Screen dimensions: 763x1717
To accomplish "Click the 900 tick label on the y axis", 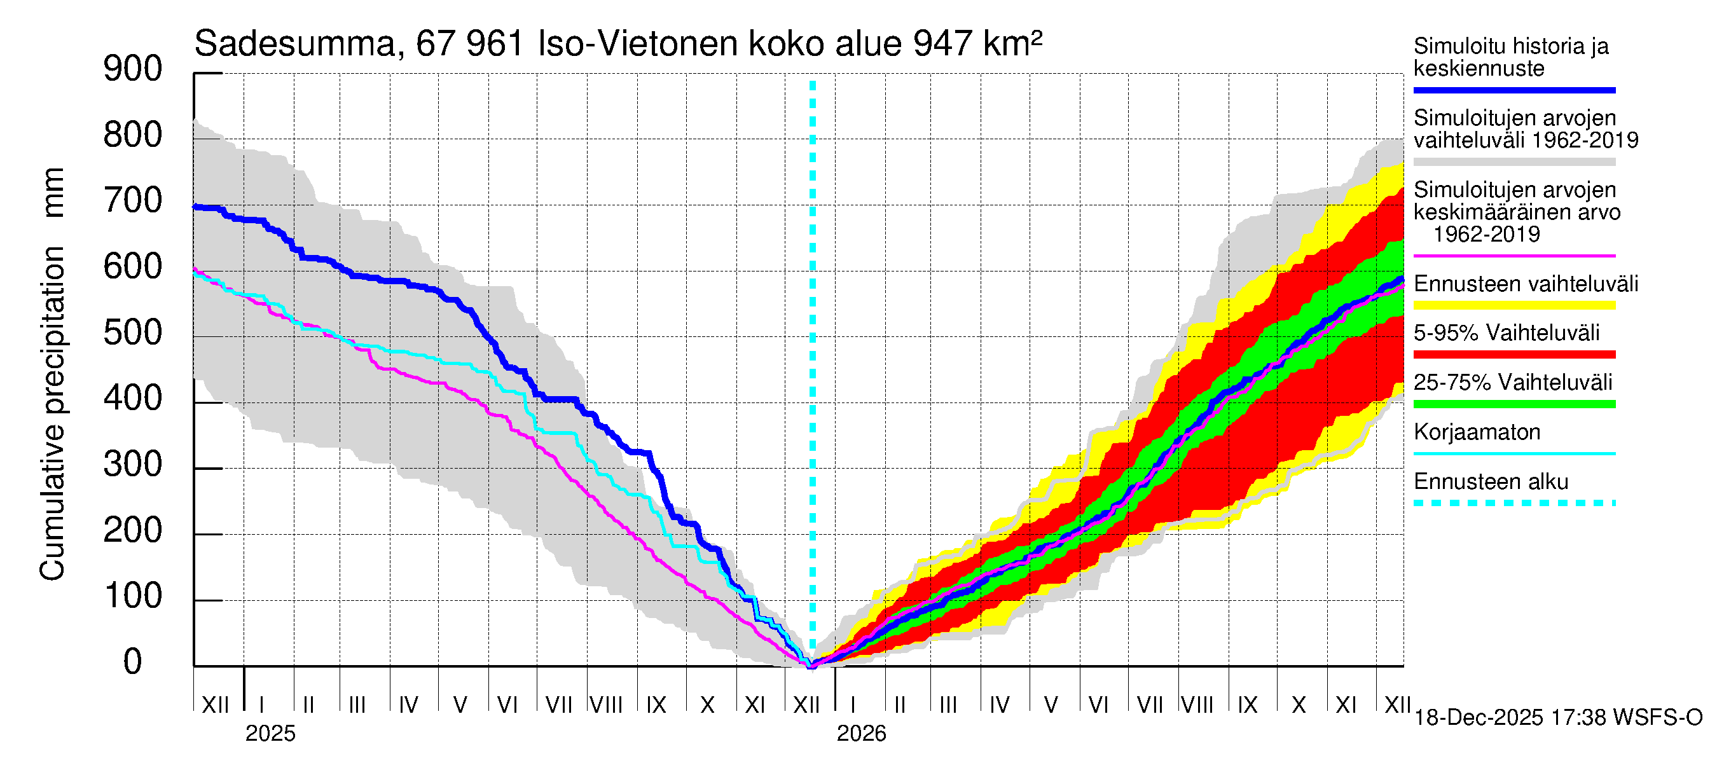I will tap(133, 69).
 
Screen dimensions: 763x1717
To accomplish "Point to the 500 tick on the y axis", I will tap(133, 333).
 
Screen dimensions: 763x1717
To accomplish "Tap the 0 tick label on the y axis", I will tap(133, 662).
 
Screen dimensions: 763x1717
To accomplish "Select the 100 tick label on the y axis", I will tap(133, 596).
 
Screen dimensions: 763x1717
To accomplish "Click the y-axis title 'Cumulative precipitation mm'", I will tap(52, 373).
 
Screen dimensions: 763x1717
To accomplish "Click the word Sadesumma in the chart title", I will tap(294, 44).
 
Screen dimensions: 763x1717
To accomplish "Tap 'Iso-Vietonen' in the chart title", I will tap(638, 44).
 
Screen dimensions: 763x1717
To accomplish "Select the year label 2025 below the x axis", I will tap(270, 734).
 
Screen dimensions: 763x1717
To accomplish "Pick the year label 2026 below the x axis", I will tap(861, 734).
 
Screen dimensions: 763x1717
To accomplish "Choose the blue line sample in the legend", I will tap(1514, 90).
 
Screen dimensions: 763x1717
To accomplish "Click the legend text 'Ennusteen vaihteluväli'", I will tap(1525, 284).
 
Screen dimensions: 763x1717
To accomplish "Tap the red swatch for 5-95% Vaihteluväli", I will tap(1514, 355).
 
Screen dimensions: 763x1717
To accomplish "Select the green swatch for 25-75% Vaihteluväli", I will tap(1514, 404).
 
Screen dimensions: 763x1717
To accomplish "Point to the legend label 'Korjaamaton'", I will tap(1477, 432).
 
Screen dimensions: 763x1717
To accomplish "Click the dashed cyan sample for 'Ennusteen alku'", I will tap(1514, 503).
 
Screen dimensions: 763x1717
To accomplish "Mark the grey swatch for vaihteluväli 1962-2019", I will tap(1514, 162).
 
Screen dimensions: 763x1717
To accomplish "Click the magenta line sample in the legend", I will tap(1514, 256).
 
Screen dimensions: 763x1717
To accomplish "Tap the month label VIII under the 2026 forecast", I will tap(1197, 705).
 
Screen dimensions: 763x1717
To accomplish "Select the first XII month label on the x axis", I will tap(215, 705).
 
